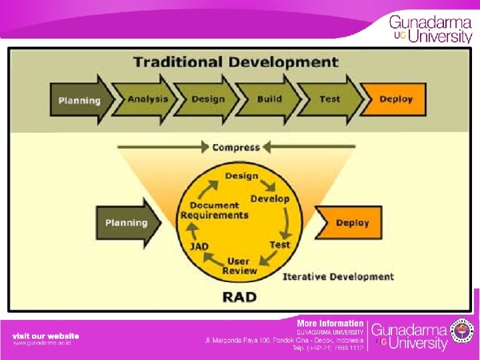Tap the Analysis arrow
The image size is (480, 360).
pyautogui.click(x=148, y=99)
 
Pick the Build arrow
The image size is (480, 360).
pyautogui.click(x=269, y=99)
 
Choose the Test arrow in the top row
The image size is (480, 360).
pyautogui.click(x=330, y=99)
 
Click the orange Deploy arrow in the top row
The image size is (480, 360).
pyautogui.click(x=395, y=99)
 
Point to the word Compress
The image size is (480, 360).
pyautogui.click(x=236, y=147)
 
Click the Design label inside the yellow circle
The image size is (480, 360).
pyautogui.click(x=241, y=176)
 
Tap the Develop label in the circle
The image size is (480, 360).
pyautogui.click(x=270, y=199)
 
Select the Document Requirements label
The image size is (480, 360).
pyautogui.click(x=214, y=210)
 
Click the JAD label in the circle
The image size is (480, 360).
pyautogui.click(x=199, y=246)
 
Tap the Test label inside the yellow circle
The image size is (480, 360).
pyautogui.click(x=280, y=245)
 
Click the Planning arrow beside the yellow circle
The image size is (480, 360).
pyautogui.click(x=129, y=223)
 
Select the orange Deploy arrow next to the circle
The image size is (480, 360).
pyautogui.click(x=351, y=223)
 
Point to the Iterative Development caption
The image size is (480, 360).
pyautogui.click(x=338, y=276)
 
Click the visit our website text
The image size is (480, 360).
pyautogui.click(x=45, y=336)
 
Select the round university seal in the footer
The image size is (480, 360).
pyautogui.click(x=463, y=332)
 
